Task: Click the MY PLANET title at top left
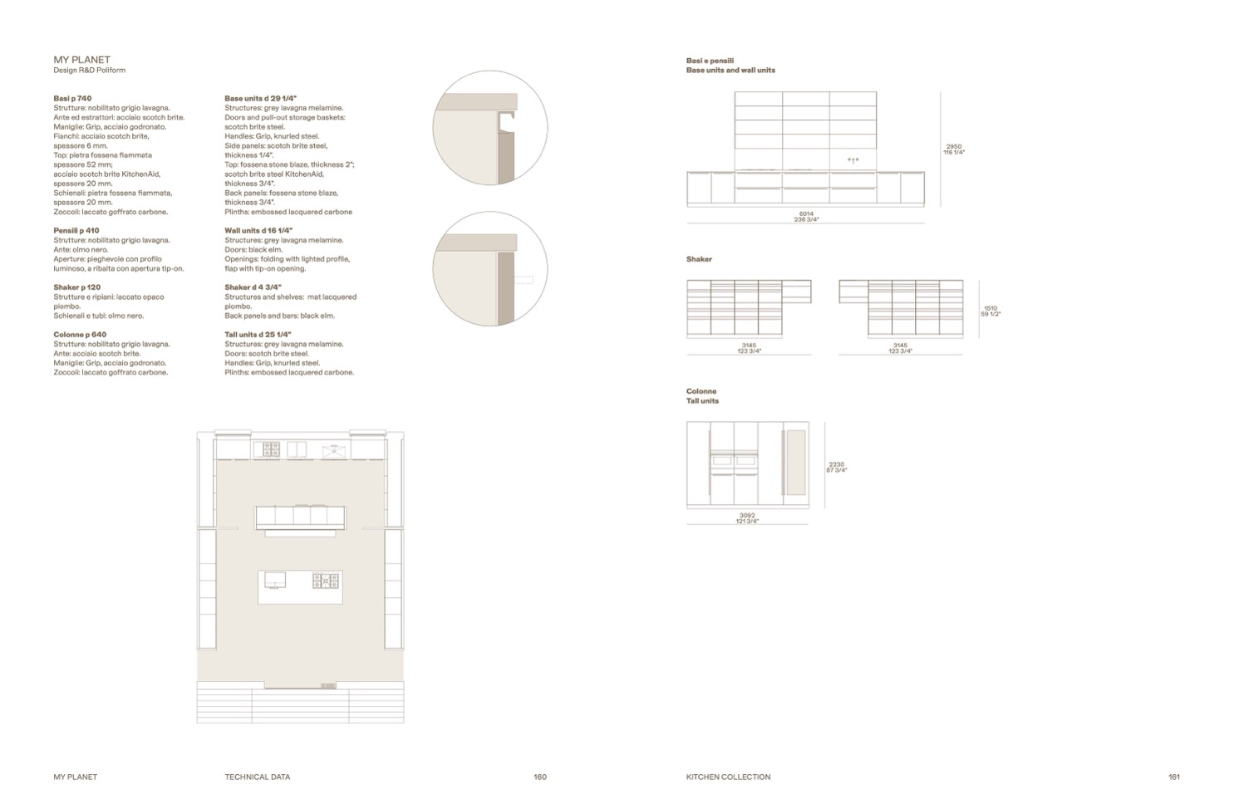[x=81, y=60]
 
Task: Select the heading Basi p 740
[x=72, y=99]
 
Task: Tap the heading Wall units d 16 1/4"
[x=258, y=231]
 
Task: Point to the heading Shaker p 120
[x=77, y=287]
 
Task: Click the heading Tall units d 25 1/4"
[x=258, y=335]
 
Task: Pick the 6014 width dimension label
[x=807, y=213]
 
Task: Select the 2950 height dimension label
[x=954, y=147]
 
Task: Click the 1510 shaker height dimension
[x=991, y=308]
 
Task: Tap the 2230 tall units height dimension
[x=836, y=465]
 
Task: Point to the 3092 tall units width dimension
[x=747, y=516]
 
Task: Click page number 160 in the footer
[x=540, y=777]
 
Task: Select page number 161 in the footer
[x=1174, y=777]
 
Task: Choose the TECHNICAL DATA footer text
[x=258, y=777]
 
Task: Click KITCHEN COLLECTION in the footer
[x=728, y=777]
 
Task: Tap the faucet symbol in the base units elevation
[x=853, y=161]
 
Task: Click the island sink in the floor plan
[x=275, y=580]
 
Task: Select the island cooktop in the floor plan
[x=326, y=581]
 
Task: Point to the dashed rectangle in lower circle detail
[x=524, y=280]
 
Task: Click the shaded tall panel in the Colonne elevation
[x=795, y=463]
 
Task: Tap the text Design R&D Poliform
[x=89, y=71]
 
